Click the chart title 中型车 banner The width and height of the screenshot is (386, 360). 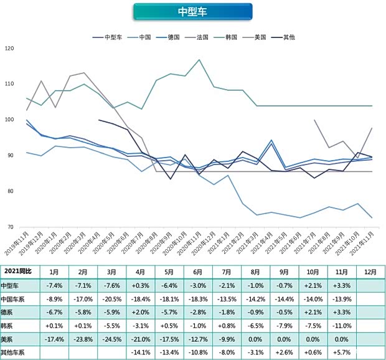(x=192, y=12)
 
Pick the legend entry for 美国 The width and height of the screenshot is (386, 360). (x=260, y=37)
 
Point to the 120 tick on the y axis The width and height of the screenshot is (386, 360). (x=8, y=48)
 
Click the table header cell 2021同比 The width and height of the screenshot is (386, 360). (x=19, y=272)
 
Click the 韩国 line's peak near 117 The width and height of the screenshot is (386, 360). (x=199, y=60)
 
